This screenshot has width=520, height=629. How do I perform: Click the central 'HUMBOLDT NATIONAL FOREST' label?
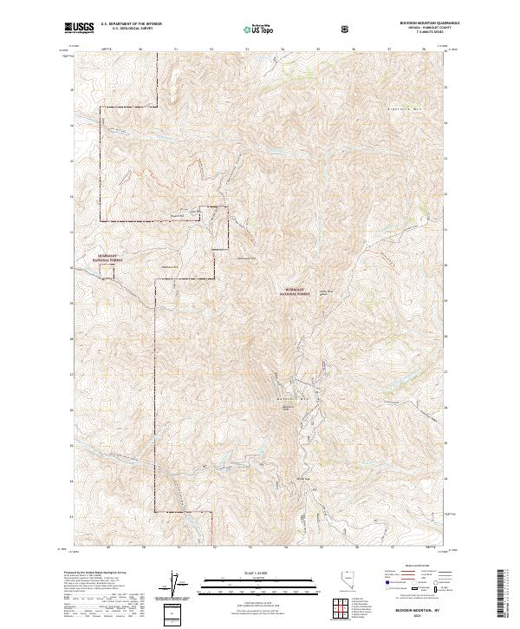297,292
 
